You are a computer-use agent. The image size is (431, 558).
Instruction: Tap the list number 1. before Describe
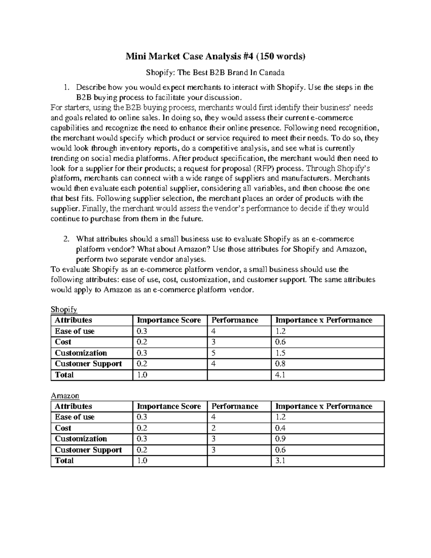66,87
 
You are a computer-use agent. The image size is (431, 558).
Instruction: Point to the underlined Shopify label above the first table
64,309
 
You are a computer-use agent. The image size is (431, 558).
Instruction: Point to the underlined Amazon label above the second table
65,396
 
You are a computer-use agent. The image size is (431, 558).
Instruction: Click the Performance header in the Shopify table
235,320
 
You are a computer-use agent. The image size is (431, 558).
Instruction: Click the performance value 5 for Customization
213,353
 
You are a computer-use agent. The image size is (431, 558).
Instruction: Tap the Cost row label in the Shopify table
63,342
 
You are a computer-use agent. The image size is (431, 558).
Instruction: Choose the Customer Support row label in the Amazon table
88,450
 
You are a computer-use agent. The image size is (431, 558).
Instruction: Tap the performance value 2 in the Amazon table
213,428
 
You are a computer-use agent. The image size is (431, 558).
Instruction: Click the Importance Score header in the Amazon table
169,406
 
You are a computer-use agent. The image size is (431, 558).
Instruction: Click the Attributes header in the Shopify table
73,320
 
